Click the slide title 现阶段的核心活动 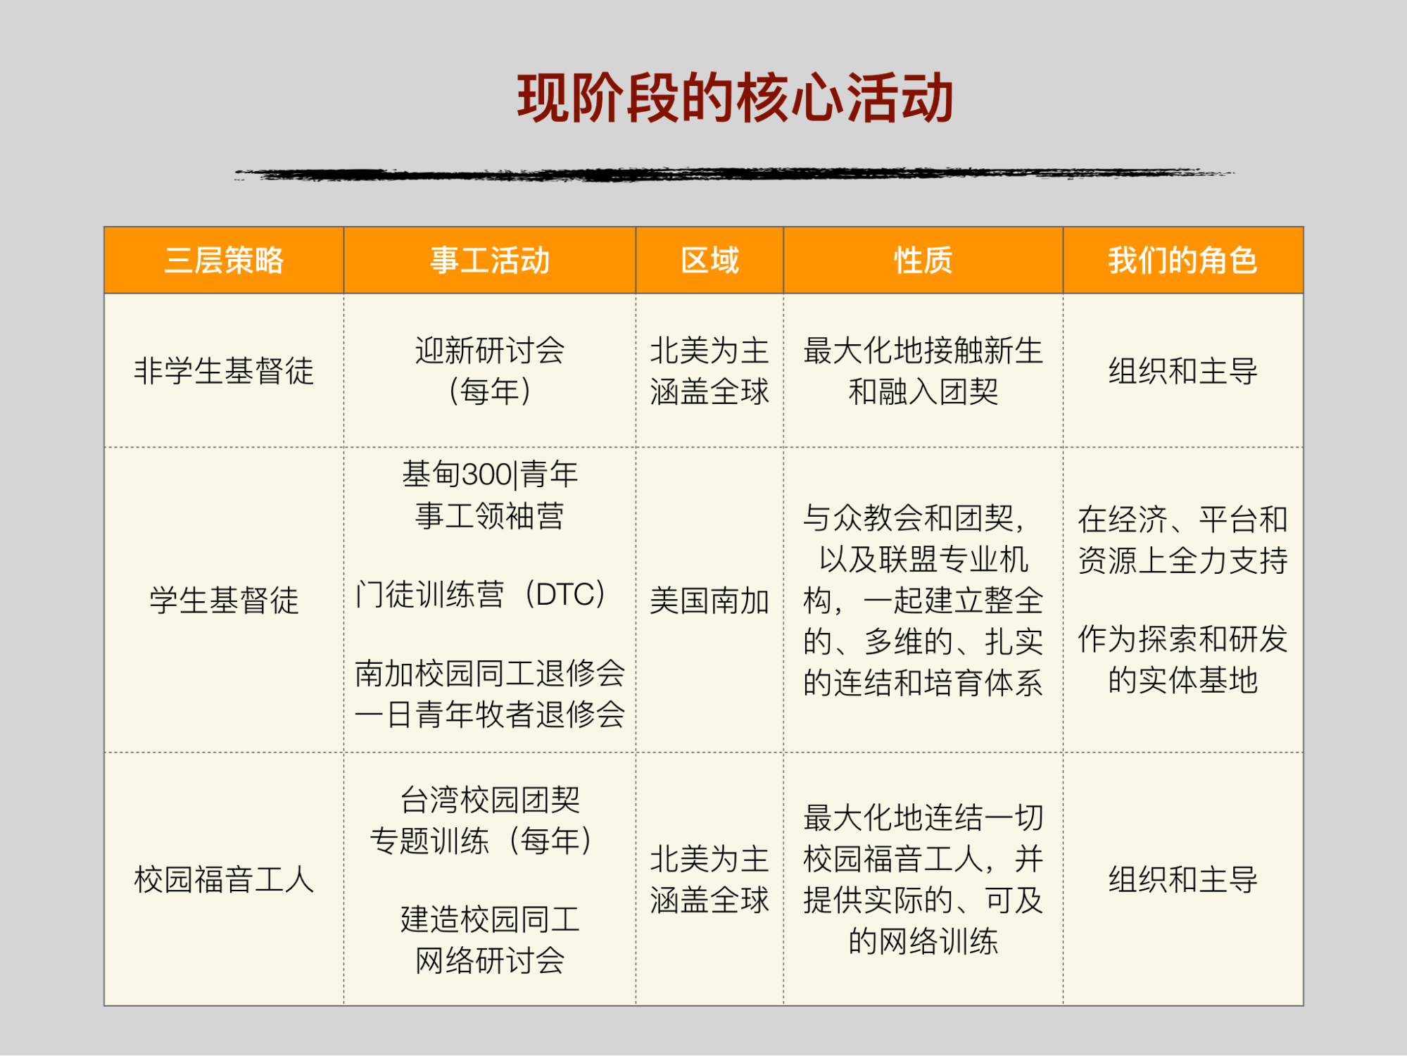point(735,99)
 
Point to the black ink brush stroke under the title point(734,173)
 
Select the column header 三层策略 point(224,260)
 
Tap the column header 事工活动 point(490,260)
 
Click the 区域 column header point(709,260)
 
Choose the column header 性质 point(923,260)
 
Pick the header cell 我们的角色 point(1182,260)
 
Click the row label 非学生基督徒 point(224,371)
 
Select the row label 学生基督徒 point(224,601)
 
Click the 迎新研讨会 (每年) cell point(490,371)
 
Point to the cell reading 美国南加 point(709,601)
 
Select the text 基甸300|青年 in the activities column point(490,474)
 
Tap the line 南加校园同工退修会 point(490,674)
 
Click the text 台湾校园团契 point(490,800)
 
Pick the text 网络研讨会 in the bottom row point(490,960)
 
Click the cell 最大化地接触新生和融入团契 point(923,371)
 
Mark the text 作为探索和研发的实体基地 point(1182,660)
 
